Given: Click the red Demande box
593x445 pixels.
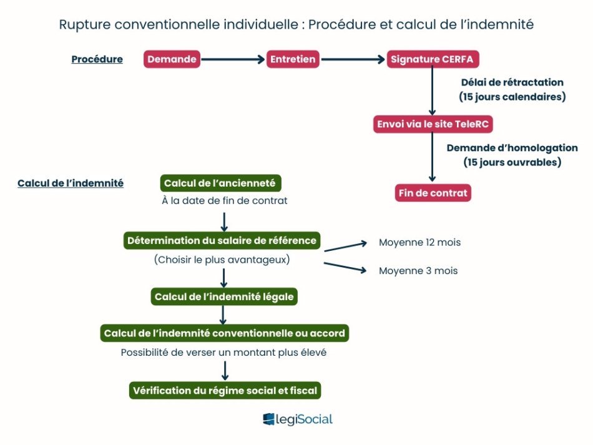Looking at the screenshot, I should tap(172, 60).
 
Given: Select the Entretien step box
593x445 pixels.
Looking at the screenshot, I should tap(293, 60).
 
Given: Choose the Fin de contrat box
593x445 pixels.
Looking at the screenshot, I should tap(433, 193).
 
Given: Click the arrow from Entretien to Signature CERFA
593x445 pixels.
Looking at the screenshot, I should tap(353, 60).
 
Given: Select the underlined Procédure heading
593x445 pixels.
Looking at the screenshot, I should tap(97, 60).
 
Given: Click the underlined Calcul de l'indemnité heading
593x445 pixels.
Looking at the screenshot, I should tap(71, 183).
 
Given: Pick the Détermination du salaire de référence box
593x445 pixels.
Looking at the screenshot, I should tap(222, 240).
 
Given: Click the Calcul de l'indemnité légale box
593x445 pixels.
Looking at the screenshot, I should tap(224, 296).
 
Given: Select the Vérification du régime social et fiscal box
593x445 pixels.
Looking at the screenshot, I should tap(225, 391).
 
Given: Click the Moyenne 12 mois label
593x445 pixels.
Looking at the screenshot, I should tap(419, 242).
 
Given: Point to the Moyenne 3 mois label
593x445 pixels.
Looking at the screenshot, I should tap(418, 271).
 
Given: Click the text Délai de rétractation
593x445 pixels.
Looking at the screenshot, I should tap(512, 82).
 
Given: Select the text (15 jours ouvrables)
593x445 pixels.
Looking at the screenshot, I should tap(512, 162).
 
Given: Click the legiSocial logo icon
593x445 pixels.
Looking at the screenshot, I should tap(269, 419).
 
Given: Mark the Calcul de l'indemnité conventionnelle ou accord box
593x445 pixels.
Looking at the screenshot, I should tap(225, 333).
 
